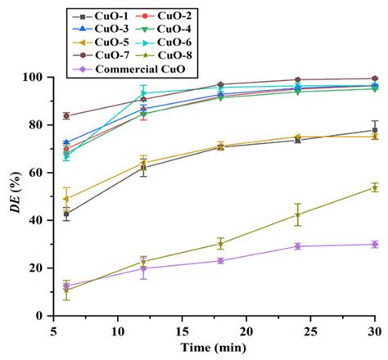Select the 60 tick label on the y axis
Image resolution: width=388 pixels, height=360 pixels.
(37, 173)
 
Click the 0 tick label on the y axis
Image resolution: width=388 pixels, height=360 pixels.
(40, 316)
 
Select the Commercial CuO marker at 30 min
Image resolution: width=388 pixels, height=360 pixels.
(375, 244)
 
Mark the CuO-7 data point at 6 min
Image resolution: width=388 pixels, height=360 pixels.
(66, 115)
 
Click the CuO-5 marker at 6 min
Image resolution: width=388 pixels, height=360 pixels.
(66, 199)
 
